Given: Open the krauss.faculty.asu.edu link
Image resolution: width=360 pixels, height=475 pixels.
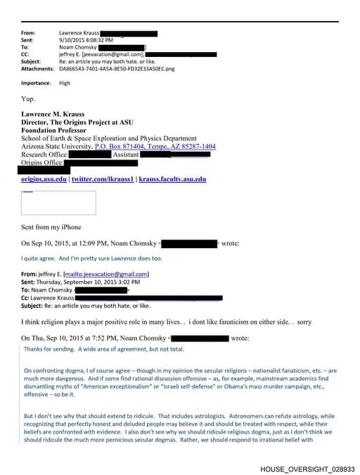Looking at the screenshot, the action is point(172,180).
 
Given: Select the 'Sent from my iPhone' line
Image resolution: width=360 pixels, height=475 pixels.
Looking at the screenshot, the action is point(51,227).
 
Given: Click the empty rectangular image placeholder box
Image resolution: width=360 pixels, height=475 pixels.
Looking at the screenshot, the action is point(58,202).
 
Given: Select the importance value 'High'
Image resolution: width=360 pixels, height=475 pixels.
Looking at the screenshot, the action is point(65,83).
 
